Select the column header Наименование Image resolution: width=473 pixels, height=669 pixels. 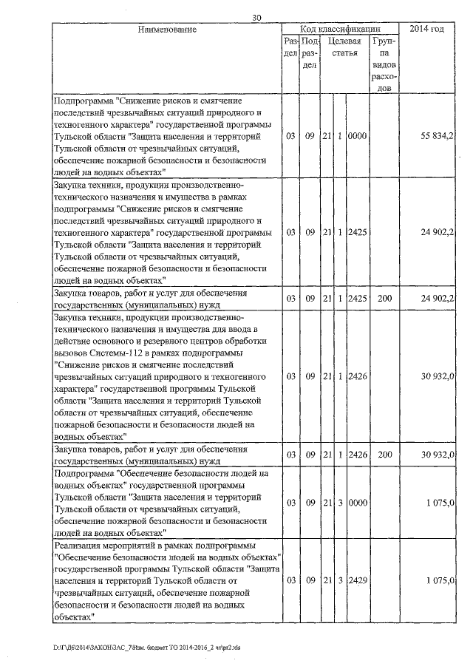(166, 29)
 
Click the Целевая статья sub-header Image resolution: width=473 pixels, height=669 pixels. (345, 47)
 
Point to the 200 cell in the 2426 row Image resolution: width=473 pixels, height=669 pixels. (384, 454)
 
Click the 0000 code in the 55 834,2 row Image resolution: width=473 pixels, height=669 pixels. (358, 137)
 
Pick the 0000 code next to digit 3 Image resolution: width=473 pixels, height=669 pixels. (358, 502)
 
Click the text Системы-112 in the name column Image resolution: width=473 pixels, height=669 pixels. (106, 352)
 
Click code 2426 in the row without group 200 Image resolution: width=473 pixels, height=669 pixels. (358, 376)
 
